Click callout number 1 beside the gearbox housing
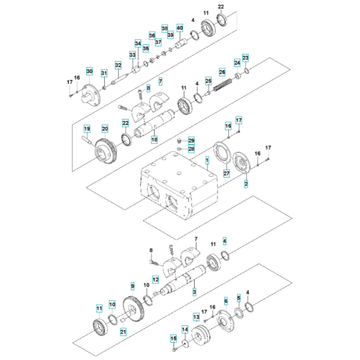(207, 158)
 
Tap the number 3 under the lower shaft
(194, 292)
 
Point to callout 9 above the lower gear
(132, 285)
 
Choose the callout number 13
(197, 318)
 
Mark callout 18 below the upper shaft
(154, 139)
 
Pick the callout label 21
(123, 332)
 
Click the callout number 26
(222, 72)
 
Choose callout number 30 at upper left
(89, 71)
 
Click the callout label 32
(118, 65)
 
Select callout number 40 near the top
(179, 28)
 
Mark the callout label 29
(191, 140)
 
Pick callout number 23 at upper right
(245, 58)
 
